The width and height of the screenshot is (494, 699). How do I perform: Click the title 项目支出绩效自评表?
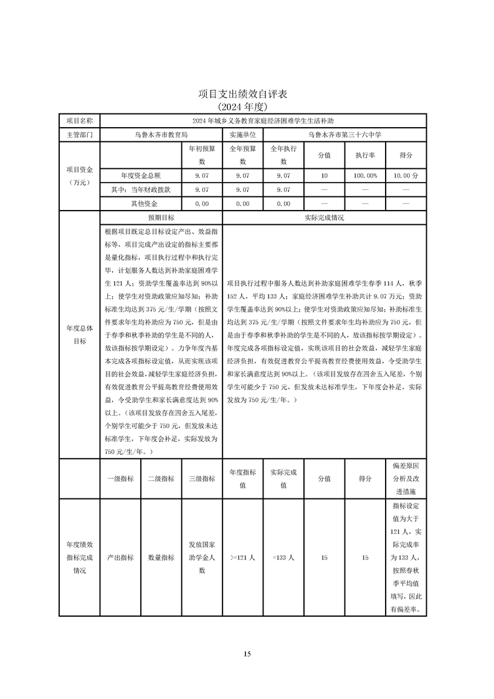click(247, 94)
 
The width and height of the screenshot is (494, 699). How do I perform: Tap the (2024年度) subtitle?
click(247, 107)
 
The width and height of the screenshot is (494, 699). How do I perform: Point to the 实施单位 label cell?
click(242, 134)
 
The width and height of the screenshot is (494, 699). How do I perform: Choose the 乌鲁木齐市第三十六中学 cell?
click(344, 134)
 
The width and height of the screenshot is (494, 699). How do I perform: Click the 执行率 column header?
click(364, 155)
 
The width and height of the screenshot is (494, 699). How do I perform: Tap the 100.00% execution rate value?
click(364, 176)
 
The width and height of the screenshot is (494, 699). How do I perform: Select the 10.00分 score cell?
click(406, 176)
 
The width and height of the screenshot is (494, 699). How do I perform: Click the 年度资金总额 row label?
click(140, 176)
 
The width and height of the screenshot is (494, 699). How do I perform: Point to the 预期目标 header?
click(161, 218)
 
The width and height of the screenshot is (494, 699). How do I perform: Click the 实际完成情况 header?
click(324, 218)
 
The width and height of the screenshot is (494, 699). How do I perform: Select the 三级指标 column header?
click(202, 478)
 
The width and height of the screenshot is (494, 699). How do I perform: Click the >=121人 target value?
click(242, 558)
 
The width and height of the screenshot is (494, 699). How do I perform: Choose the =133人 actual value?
click(283, 558)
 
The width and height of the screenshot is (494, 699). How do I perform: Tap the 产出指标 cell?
click(120, 558)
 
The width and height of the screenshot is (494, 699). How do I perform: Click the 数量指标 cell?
click(161, 558)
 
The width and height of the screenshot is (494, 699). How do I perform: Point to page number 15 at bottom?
click(247, 654)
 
